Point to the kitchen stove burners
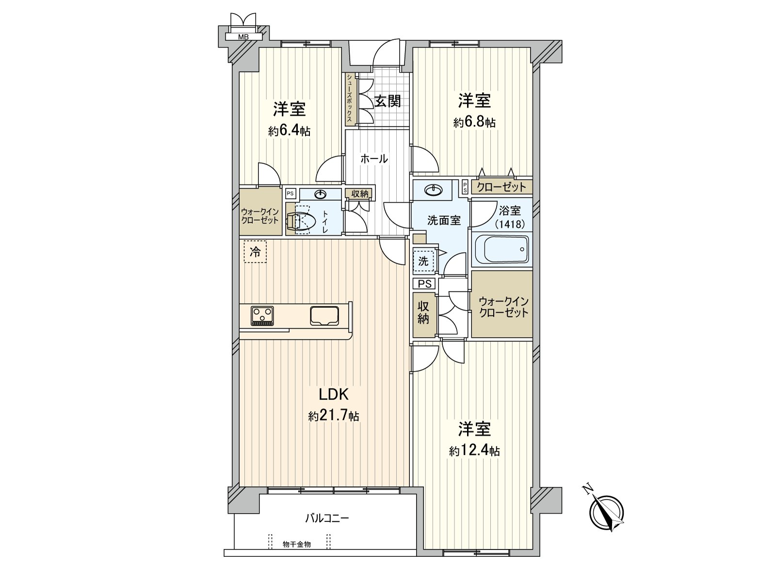[x=262, y=316]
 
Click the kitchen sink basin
[x=325, y=316]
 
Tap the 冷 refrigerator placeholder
[x=255, y=252]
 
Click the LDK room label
[x=333, y=394]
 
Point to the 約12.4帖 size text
[x=474, y=452]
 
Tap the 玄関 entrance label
[x=388, y=101]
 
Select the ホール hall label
[x=374, y=159]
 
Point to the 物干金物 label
[x=297, y=545]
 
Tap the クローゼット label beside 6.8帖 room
[x=501, y=187]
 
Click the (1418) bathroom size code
[x=509, y=224]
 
